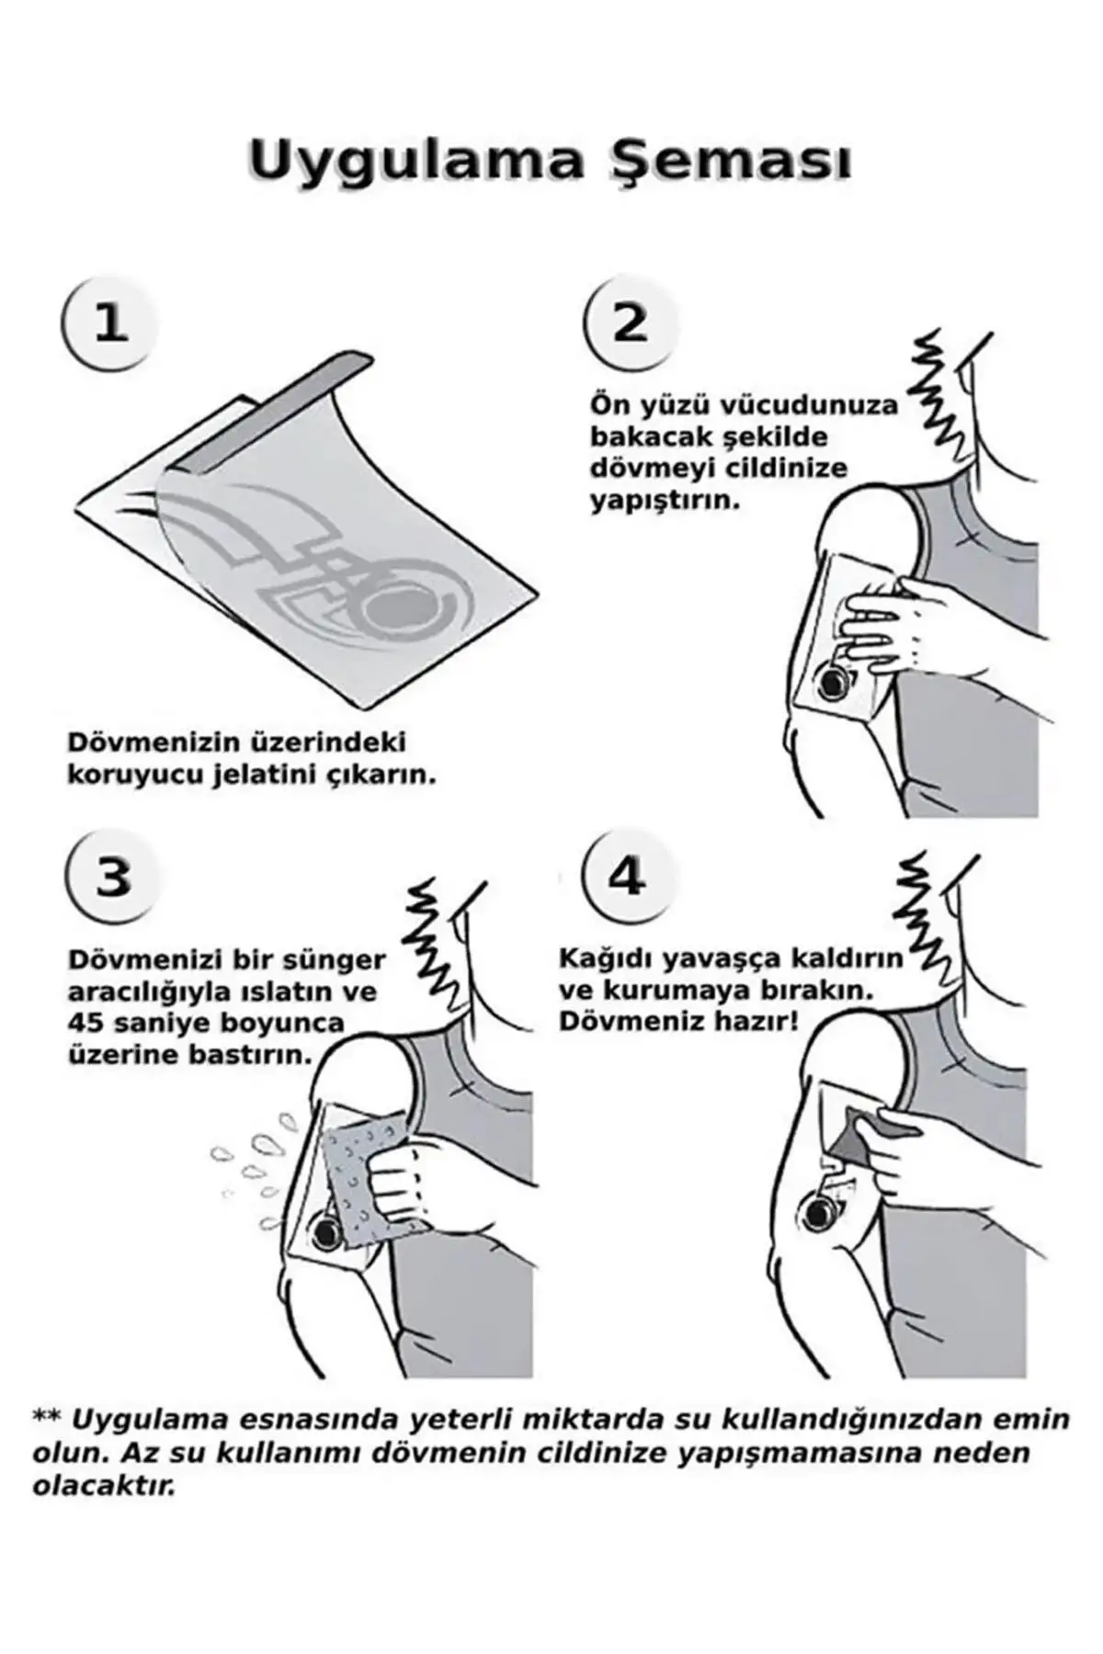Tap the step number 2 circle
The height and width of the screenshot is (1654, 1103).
(x=630, y=323)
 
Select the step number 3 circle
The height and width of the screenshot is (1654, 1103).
(x=113, y=877)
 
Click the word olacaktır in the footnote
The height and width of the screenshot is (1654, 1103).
(x=103, y=1512)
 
